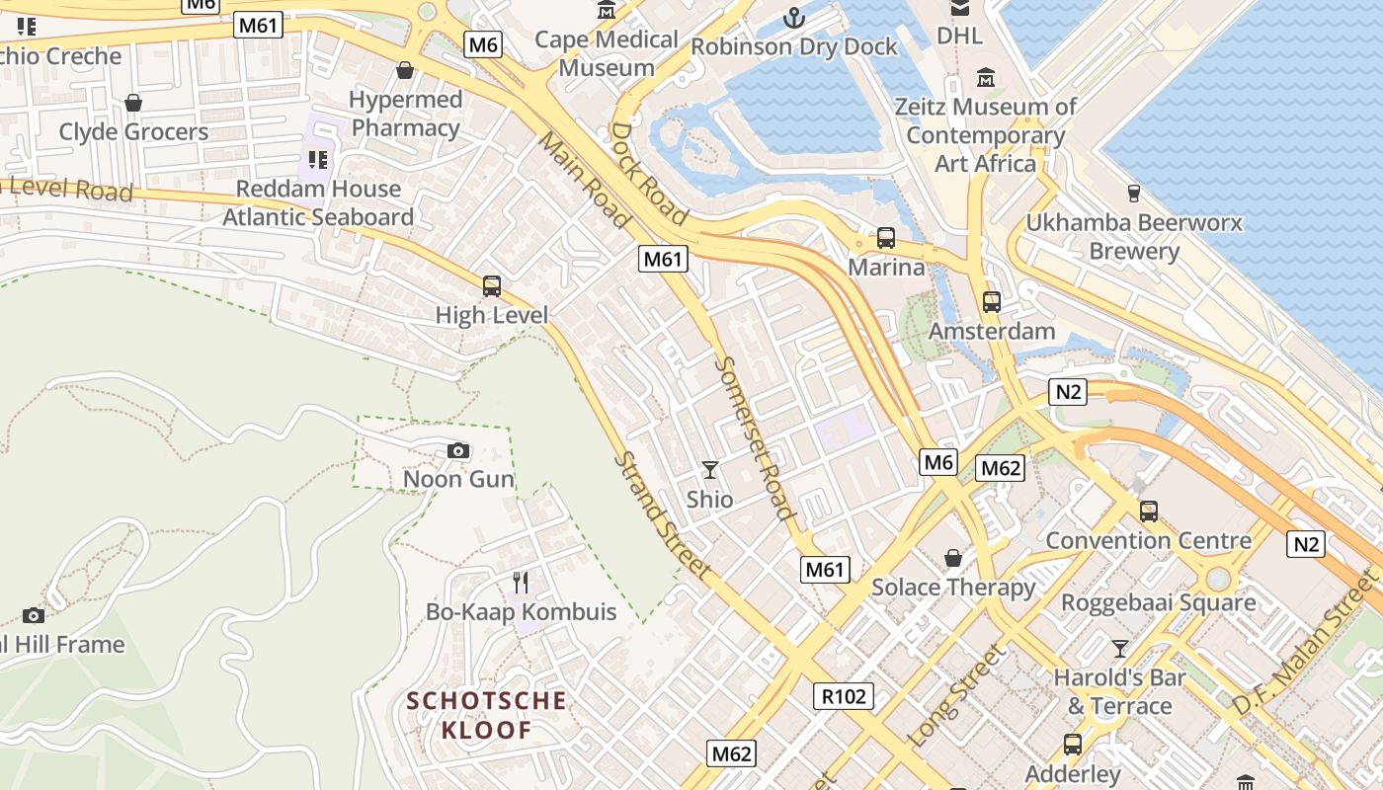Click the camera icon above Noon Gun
pos(457,451)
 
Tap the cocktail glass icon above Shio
pos(709,470)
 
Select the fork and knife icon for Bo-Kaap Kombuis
pos(521,583)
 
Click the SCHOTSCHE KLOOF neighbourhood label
pos(487,716)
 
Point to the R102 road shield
pos(844,696)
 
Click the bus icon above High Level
pos(491,286)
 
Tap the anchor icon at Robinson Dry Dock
pos(793,17)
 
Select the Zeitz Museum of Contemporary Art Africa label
pos(985,134)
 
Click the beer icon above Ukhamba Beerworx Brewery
pos(1133,194)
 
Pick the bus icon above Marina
pos(886,238)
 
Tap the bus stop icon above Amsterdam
pos(992,302)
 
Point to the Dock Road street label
pos(649,172)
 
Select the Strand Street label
pos(661,515)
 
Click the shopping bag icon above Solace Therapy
pos(952,559)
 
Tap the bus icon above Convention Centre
pos(1148,512)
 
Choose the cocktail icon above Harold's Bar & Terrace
pos(1119,649)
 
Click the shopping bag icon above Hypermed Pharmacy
pos(404,70)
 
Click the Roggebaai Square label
pos(1158,602)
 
